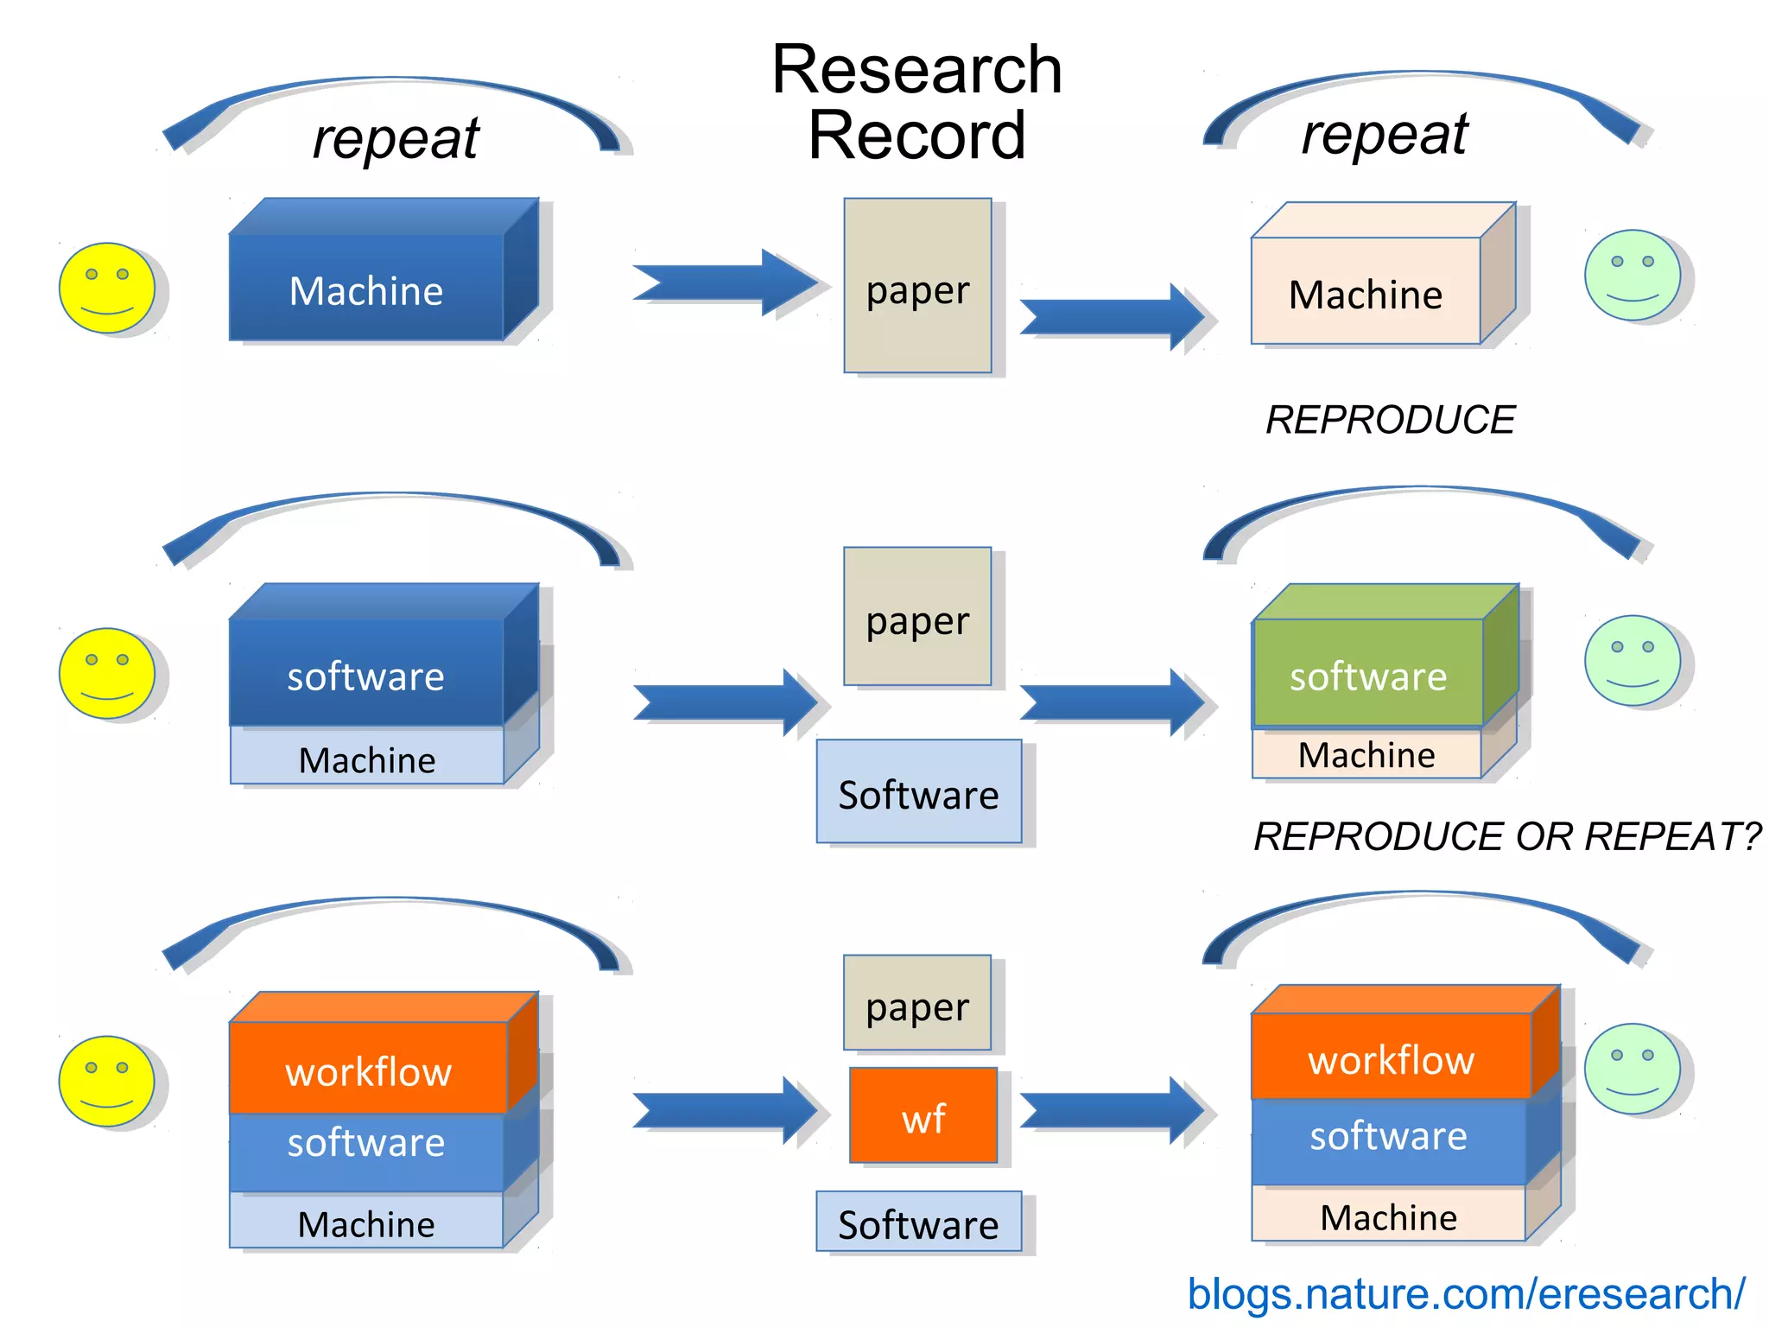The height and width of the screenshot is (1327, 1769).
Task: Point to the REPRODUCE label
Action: click(x=1390, y=420)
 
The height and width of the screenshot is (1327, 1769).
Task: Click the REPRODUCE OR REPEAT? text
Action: click(x=1506, y=836)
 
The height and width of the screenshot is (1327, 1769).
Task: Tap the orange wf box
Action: click(x=923, y=1116)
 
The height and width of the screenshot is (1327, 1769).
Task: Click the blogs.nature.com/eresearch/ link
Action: click(x=1466, y=1293)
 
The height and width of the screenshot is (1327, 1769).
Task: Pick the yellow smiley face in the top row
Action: click(x=106, y=288)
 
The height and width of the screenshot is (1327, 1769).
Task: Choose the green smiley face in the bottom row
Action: click(x=1632, y=1069)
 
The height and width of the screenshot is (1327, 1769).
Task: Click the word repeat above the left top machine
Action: click(x=396, y=138)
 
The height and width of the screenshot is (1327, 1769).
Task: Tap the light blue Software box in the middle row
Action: click(x=918, y=792)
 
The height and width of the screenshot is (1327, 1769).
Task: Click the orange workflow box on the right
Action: click(x=1390, y=1056)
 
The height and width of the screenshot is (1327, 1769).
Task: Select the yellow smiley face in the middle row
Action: click(x=106, y=673)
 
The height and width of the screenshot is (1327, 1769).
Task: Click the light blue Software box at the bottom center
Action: click(x=918, y=1222)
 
